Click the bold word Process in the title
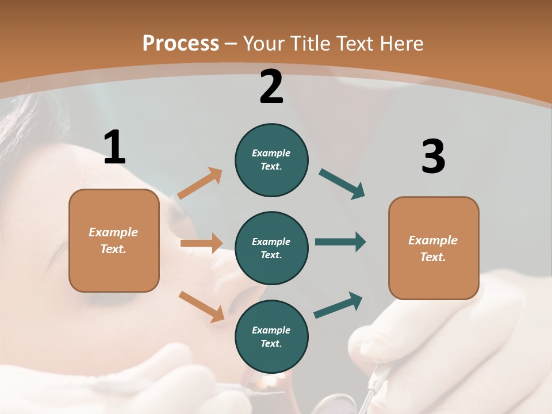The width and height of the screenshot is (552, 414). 181,43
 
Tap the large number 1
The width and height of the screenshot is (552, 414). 114,147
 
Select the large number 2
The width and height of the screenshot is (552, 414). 271,86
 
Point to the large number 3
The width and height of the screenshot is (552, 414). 433,157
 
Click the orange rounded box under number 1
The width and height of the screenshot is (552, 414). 114,240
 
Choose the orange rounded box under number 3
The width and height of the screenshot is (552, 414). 434,248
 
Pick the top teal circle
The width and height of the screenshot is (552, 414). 271,160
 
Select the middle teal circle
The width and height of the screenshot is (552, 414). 271,248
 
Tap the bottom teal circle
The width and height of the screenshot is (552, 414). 271,336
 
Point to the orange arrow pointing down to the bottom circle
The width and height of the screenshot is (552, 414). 201,306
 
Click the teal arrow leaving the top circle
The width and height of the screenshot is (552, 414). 342,184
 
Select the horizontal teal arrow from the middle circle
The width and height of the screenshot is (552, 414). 340,241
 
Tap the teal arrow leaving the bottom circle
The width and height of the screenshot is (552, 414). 338,305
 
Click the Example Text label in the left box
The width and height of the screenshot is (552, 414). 113,240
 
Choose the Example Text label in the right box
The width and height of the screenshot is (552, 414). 433,248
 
